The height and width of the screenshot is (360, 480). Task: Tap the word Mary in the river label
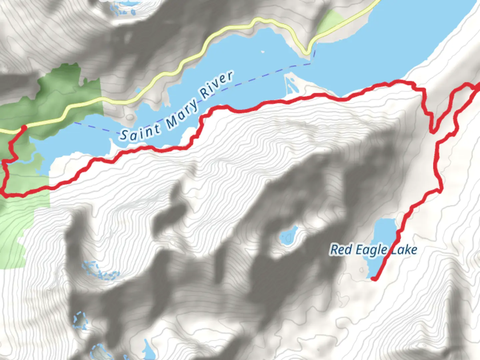click(182, 114)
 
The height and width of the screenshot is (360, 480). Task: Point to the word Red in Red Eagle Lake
click(341, 249)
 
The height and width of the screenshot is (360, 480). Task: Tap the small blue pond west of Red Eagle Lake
click(289, 236)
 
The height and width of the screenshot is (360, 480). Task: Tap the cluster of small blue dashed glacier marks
click(100, 271)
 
